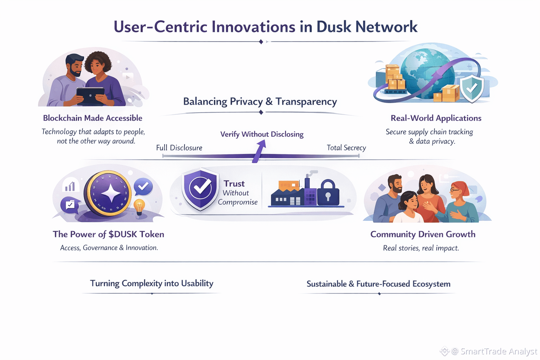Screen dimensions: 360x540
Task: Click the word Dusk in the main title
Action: [x=333, y=27]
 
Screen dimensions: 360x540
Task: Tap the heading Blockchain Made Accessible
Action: [x=92, y=118]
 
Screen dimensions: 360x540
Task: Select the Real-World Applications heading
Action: [x=436, y=118]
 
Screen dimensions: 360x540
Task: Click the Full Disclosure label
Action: [x=179, y=148]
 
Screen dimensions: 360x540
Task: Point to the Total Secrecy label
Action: [x=346, y=148]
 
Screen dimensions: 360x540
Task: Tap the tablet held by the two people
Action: [x=90, y=96]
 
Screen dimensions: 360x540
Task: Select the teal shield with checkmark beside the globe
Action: [x=472, y=88]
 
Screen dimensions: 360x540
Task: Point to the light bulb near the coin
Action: [x=139, y=207]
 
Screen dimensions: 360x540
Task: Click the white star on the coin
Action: [x=111, y=193]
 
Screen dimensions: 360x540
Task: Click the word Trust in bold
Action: [x=234, y=184]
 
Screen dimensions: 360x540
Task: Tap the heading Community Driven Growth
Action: [x=423, y=234]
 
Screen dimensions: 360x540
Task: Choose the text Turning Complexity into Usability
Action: [x=152, y=283]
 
